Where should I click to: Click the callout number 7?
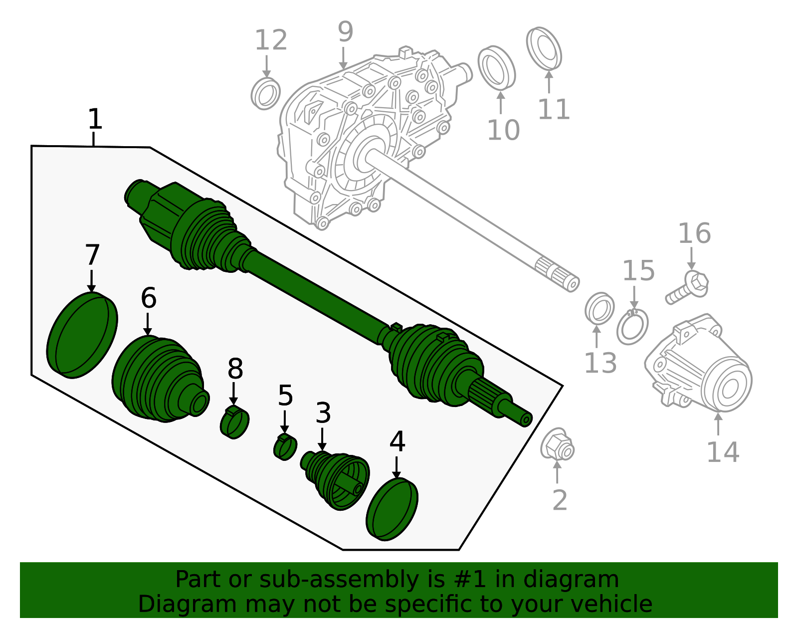92,255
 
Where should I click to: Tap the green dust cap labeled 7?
82,335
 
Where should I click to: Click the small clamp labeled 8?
234,422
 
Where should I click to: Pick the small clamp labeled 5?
285,447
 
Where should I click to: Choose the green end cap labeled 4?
392,509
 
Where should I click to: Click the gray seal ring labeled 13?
599,308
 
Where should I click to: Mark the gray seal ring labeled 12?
265,93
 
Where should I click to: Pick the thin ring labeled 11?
544,49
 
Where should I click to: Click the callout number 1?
94,120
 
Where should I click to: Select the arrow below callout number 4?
397,467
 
